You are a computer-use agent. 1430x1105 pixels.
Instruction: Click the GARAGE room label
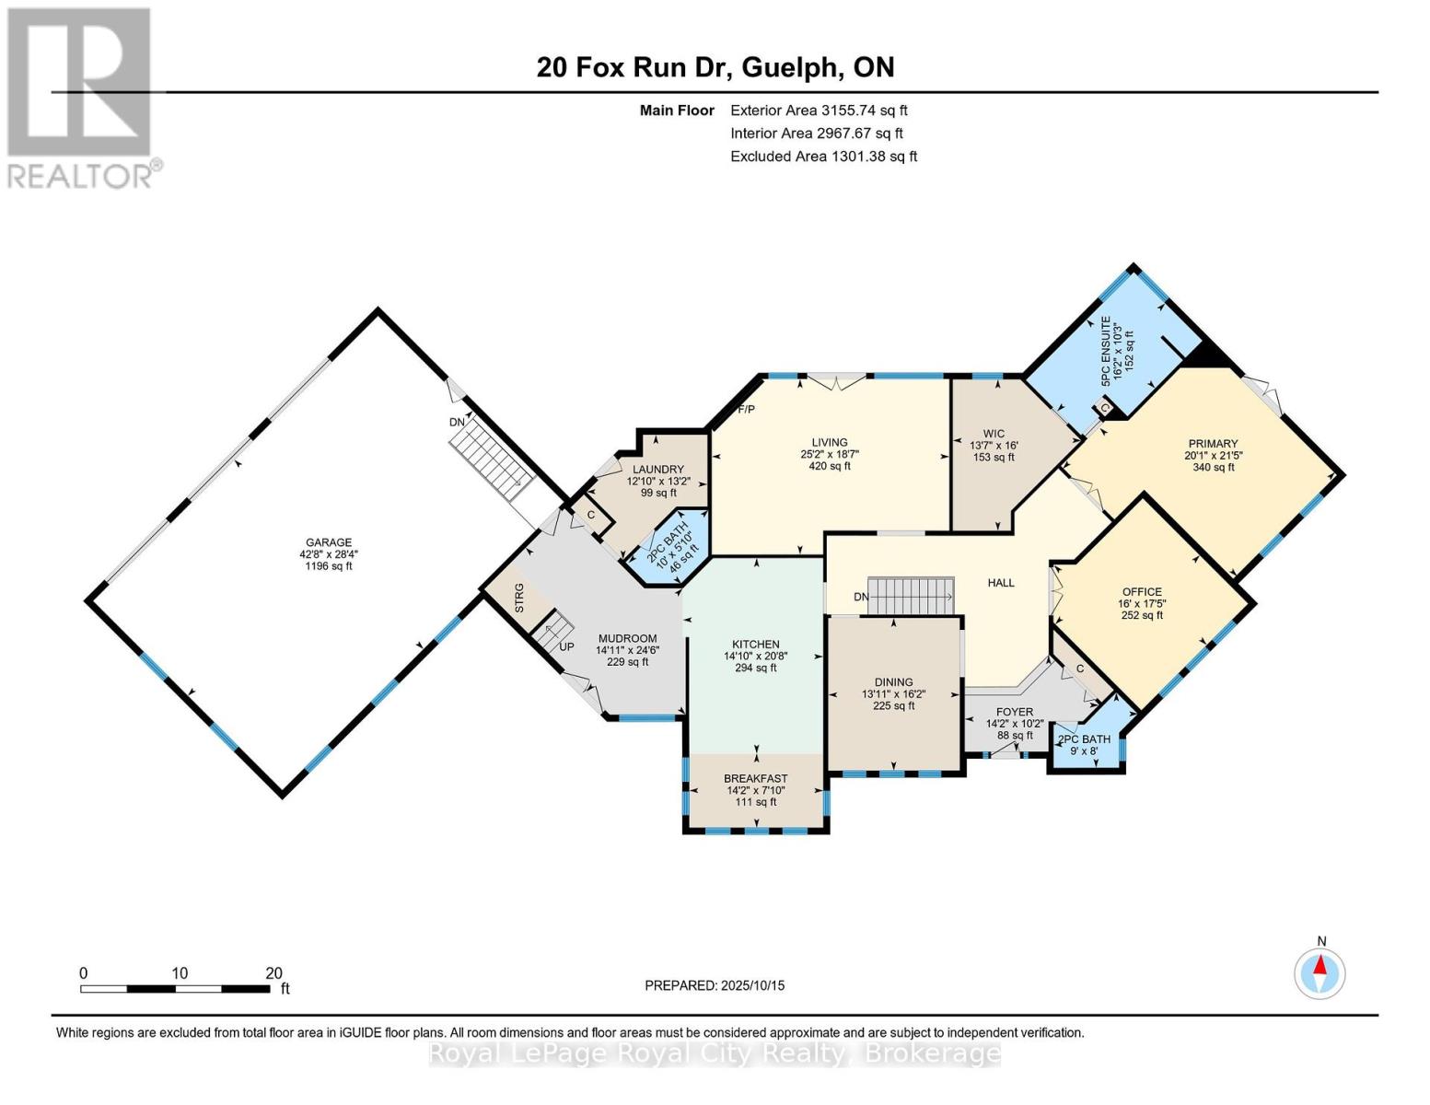pos(329,542)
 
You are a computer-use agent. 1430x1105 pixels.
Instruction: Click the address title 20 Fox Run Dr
pos(715,67)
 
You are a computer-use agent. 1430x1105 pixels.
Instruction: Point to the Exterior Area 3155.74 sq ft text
pos(819,110)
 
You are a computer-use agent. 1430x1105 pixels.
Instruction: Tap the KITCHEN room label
pos(755,645)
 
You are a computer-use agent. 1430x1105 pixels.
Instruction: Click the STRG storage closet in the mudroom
pos(518,597)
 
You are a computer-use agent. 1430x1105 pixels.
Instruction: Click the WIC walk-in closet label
pos(994,434)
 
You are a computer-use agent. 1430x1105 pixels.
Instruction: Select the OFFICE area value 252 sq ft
pos(1142,615)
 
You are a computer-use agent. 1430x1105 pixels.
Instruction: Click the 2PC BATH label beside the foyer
pos(1084,739)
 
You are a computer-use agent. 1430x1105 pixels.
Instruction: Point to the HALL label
pos(1001,583)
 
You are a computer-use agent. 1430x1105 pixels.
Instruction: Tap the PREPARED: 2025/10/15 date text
pos(715,985)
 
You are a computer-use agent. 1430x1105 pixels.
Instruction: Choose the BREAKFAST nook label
pos(755,778)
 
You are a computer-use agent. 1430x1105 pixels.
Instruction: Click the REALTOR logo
pos(81,97)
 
